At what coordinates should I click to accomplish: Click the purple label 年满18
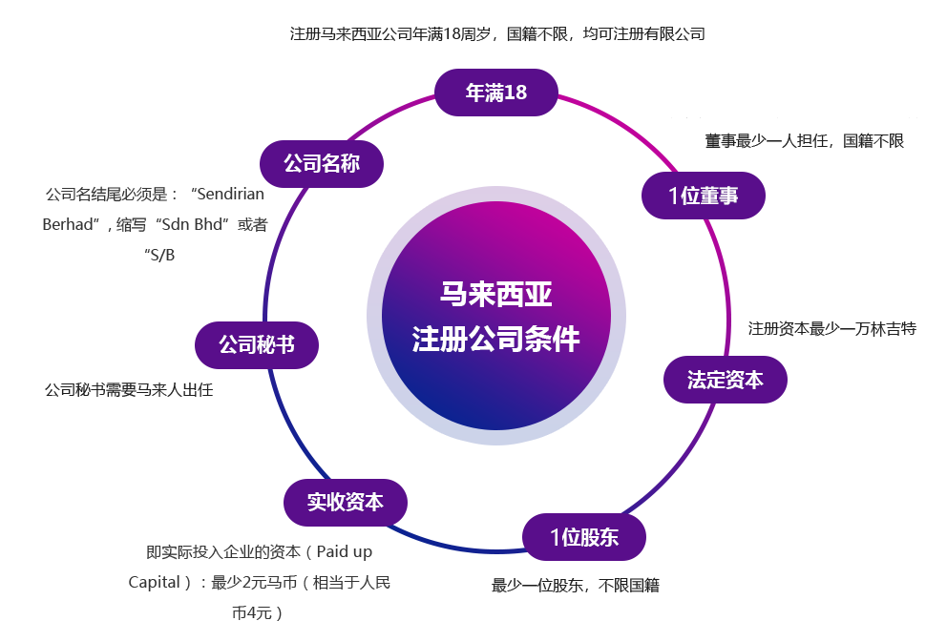point(495,93)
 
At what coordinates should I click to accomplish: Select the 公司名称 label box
point(322,163)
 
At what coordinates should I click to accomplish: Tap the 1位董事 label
point(703,196)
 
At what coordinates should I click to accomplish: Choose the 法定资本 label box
point(725,379)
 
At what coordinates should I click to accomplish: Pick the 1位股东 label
point(583,537)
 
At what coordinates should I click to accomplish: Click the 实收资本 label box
point(345,502)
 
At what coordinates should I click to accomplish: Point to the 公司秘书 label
point(256,344)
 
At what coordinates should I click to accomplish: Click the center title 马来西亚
point(495,295)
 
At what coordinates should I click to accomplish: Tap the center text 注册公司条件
point(495,339)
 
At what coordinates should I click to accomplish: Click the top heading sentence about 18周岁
point(496,33)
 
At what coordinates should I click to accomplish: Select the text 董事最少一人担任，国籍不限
point(804,140)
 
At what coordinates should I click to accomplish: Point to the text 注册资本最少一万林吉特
point(832,329)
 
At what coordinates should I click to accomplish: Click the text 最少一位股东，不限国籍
point(575,585)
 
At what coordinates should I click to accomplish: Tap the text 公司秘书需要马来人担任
point(129,390)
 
